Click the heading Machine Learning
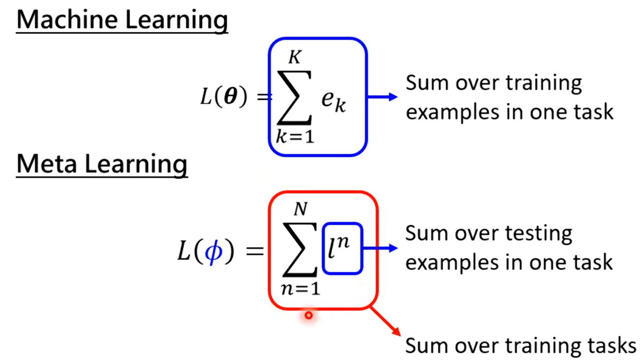point(122,20)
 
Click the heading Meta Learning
point(102,164)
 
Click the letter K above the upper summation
point(294,58)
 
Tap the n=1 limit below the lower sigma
point(301,288)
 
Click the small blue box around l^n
point(343,248)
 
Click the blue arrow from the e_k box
point(383,97)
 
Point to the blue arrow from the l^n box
point(381,248)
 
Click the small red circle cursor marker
point(308,315)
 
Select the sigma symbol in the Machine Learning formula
point(294,98)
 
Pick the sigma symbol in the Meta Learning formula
point(301,249)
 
